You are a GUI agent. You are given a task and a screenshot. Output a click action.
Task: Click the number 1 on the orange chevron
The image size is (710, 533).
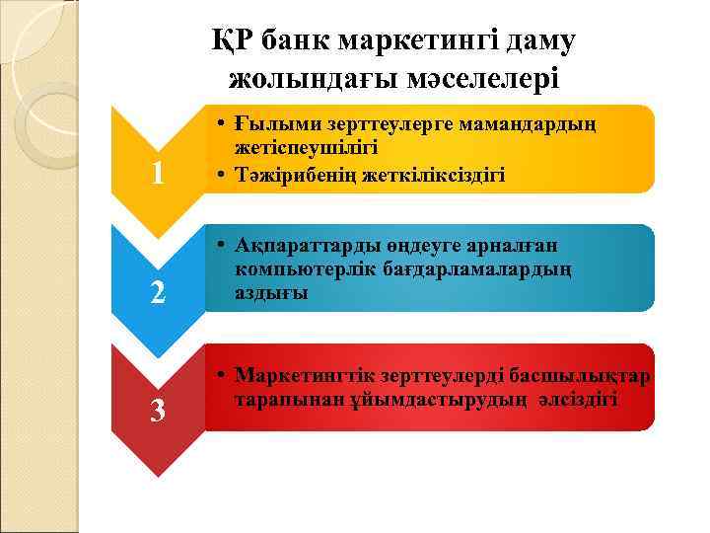158,175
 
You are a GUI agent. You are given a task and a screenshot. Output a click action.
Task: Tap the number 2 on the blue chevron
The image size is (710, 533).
158,292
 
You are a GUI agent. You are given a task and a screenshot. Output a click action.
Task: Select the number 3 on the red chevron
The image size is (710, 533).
158,410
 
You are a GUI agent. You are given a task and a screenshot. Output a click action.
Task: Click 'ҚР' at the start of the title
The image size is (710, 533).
233,40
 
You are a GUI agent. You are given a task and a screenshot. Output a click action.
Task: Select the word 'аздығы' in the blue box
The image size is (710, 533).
272,292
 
